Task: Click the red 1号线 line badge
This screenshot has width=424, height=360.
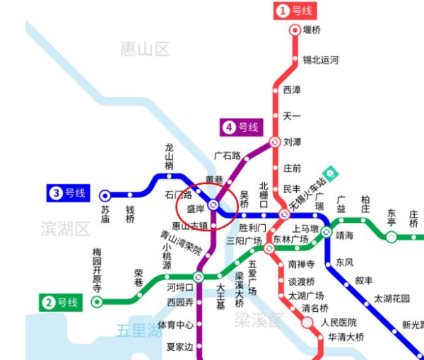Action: point(295,11)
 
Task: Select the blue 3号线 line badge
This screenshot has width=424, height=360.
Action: point(68,192)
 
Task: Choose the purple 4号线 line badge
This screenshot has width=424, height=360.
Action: point(240,127)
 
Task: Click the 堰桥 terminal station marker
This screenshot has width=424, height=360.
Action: point(295,30)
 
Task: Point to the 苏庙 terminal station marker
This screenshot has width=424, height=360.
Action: point(105,195)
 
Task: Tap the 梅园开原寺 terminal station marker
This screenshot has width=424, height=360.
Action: point(97,301)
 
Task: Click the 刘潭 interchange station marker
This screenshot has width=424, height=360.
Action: point(276,141)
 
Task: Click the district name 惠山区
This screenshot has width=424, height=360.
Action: point(145,48)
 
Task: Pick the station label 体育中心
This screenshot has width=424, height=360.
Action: point(175,325)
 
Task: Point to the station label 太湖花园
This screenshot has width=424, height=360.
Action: point(391,298)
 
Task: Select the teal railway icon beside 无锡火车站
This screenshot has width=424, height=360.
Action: point(328,173)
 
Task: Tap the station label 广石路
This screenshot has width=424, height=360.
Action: point(227,155)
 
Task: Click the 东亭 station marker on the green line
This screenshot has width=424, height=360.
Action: point(391,237)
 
